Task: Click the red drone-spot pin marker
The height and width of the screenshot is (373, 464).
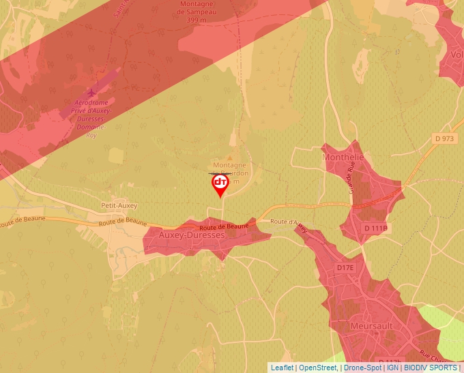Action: [x=220, y=184]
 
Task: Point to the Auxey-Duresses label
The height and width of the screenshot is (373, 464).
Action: [x=191, y=235]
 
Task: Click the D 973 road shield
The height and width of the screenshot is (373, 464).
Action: [x=444, y=138]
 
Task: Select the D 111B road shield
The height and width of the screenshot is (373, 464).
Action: [x=375, y=228]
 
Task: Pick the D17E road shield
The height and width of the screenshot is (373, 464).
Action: [x=345, y=268]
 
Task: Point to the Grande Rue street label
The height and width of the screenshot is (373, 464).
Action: [x=352, y=177]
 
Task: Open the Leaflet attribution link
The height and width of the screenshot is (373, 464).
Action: [x=282, y=368]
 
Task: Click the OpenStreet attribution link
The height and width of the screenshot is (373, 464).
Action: [x=317, y=368]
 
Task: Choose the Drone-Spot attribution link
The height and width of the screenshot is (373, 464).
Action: [x=362, y=368]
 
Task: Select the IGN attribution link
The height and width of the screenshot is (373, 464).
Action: [x=392, y=368]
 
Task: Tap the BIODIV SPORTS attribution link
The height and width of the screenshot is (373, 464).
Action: [x=431, y=368]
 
